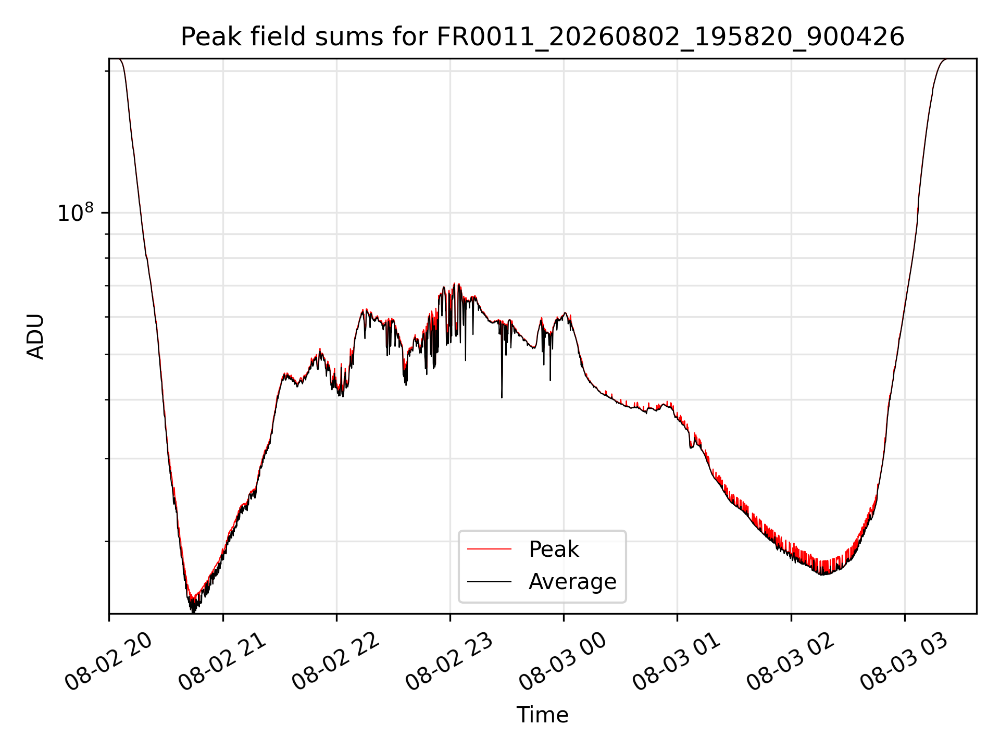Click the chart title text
pos(542,37)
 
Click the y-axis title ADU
pos(35,336)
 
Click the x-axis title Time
pos(542,715)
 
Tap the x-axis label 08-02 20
pos(108,661)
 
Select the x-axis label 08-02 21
pos(222,661)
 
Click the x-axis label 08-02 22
pos(336,661)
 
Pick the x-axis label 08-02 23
pos(449,661)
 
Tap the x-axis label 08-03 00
pos(563,661)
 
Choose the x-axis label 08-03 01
pos(677,661)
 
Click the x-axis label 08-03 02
pos(791,661)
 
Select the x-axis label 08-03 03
pos(904,661)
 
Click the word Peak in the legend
pos(554,549)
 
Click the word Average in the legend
pos(572,582)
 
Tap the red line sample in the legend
pos(489,549)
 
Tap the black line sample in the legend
pos(489,581)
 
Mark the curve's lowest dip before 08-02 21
pos(193,611)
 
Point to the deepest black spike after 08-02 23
pos(502,397)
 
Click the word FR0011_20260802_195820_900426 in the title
pos(670,37)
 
